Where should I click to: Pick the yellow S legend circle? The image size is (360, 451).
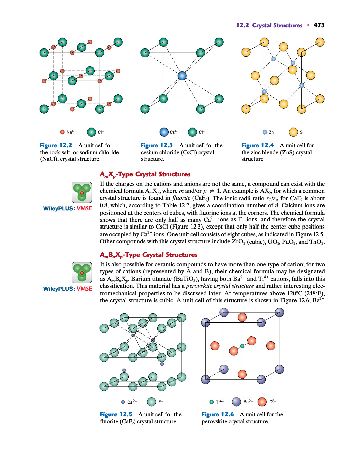(293, 132)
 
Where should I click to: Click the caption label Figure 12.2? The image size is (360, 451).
(57, 145)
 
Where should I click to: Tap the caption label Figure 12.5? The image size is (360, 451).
(116, 414)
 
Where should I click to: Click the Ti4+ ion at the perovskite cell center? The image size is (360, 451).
(242, 346)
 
